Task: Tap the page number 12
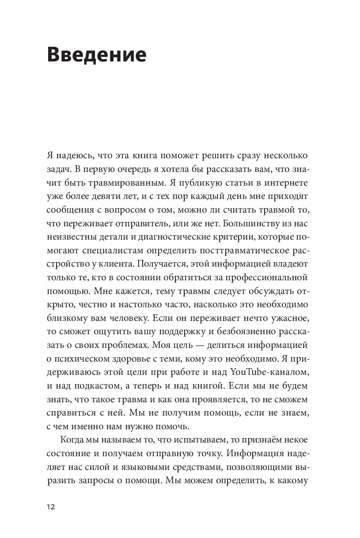point(51,507)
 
